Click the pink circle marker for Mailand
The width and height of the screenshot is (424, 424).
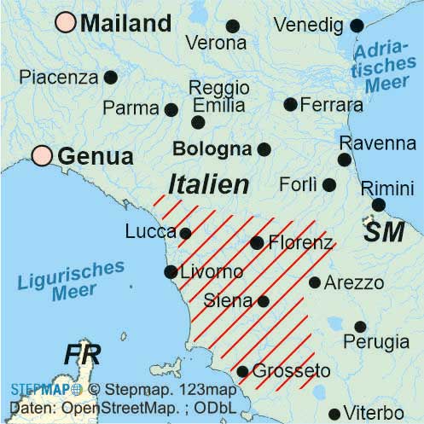tap(65, 23)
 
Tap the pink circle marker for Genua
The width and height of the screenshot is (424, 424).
tap(42, 155)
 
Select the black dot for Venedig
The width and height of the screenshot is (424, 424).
tap(357, 26)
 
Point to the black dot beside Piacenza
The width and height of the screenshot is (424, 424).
tap(110, 77)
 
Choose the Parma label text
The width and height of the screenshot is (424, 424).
tap(131, 108)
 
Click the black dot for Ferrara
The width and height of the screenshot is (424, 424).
tap(290, 104)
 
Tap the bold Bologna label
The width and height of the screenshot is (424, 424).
tap(212, 149)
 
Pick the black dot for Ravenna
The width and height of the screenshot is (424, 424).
tap(344, 160)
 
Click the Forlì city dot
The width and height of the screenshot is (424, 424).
tap(329, 184)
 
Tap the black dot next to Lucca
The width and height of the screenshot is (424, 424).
tap(185, 232)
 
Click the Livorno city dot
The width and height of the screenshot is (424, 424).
tap(170, 272)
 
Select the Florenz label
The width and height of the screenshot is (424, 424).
tap(300, 243)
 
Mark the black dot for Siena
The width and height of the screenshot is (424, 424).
tap(263, 300)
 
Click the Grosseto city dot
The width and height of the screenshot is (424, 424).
tap(242, 371)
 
